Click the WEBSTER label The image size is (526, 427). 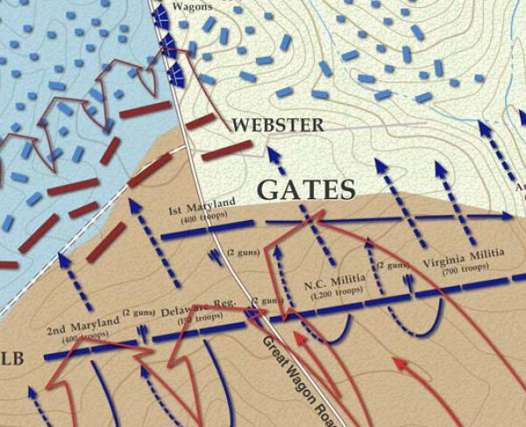pos(276,125)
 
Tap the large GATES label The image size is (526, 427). pos(305,189)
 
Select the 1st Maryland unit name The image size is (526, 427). pos(203,207)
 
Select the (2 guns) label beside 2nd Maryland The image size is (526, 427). pos(140,312)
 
